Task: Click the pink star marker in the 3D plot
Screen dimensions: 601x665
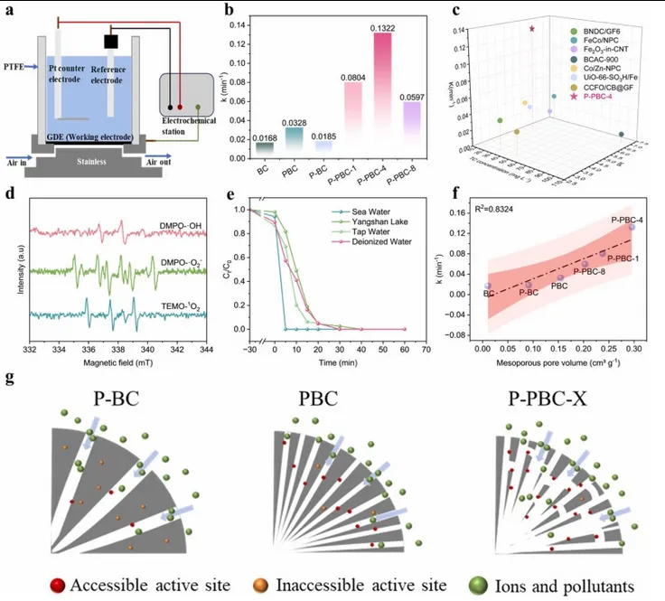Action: [x=531, y=30]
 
